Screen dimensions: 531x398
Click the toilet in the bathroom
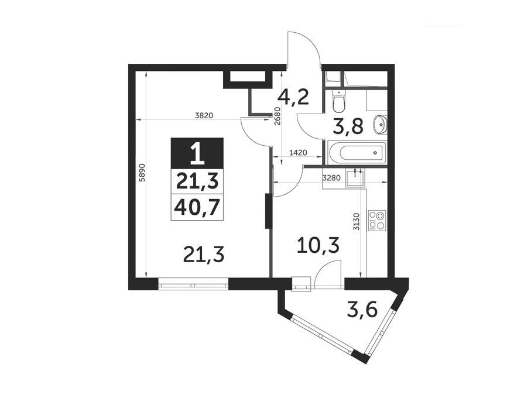click(338, 101)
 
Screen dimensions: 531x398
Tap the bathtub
click(358, 153)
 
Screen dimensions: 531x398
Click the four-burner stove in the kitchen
click(377, 220)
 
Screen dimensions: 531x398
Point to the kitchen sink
click(355, 179)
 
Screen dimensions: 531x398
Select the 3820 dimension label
click(204, 115)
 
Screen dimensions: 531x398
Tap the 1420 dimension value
click(298, 153)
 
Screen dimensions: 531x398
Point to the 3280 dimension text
click(332, 179)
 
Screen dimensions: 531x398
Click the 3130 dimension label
click(356, 222)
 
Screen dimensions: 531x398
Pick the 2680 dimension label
click(278, 116)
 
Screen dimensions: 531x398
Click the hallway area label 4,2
click(293, 98)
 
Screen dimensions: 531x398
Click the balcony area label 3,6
click(362, 310)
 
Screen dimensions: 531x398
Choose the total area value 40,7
click(197, 207)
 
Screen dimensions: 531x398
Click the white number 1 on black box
click(197, 153)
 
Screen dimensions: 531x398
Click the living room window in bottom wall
click(193, 284)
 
